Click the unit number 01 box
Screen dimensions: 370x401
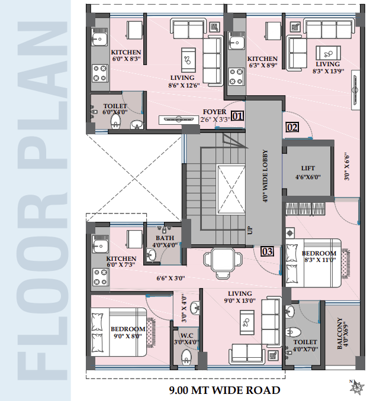(x=237, y=116)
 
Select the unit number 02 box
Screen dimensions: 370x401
(x=292, y=127)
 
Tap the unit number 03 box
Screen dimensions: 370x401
(x=267, y=251)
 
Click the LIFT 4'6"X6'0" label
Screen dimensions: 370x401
(x=308, y=173)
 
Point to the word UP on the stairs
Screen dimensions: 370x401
(x=250, y=231)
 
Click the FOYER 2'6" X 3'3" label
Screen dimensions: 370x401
(x=215, y=115)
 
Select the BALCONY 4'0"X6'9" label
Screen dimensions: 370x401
(x=343, y=333)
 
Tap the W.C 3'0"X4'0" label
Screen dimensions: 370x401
(x=186, y=338)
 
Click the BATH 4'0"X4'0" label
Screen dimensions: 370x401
(x=165, y=241)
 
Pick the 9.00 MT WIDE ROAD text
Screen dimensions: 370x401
(x=224, y=390)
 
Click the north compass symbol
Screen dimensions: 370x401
(x=357, y=387)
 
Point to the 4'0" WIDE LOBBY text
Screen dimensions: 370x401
(x=265, y=176)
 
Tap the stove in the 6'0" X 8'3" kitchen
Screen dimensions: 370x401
(x=101, y=73)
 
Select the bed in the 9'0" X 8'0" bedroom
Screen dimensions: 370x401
(x=120, y=332)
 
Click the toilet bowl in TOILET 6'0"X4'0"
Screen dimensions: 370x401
(x=115, y=121)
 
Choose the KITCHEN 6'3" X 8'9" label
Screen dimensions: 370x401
(x=262, y=62)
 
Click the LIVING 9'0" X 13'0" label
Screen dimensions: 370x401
(x=240, y=297)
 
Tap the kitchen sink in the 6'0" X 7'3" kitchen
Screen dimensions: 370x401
(x=100, y=246)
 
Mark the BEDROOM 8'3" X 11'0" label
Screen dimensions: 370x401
(x=319, y=257)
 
